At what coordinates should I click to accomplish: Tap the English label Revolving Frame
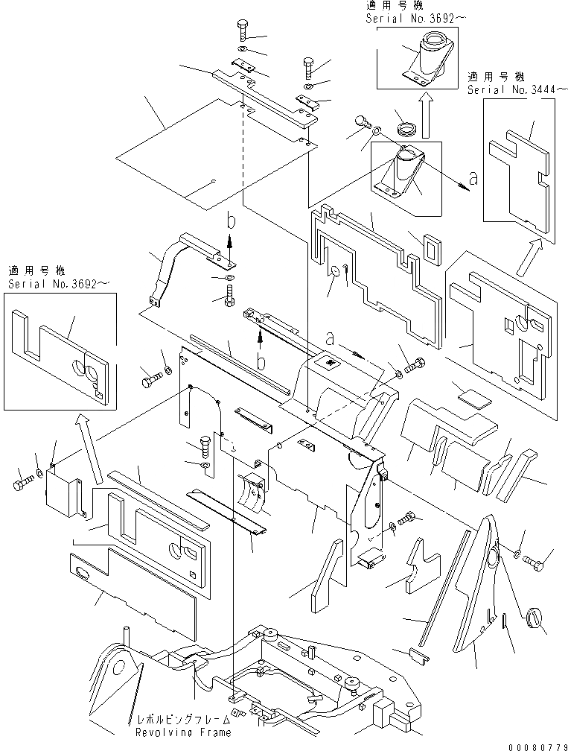184,732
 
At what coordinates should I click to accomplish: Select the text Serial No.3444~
517,89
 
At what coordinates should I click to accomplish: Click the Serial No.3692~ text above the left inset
58,284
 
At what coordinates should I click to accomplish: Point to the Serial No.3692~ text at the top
415,18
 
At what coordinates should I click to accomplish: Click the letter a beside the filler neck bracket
473,178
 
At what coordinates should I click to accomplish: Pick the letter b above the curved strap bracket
231,221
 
